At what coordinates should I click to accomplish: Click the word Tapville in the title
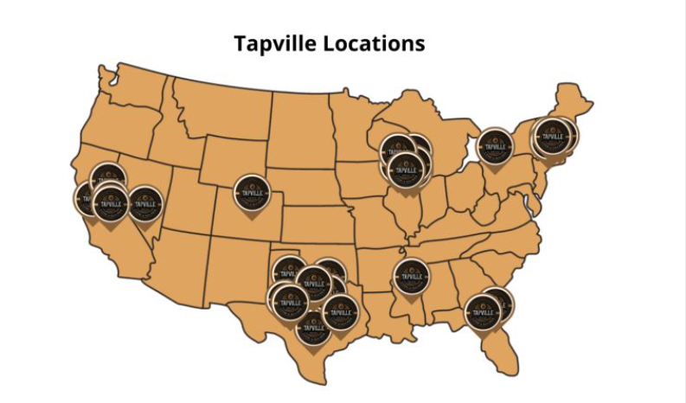(x=275, y=42)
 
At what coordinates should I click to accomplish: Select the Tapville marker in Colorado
(x=253, y=193)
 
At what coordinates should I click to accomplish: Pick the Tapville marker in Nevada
(x=144, y=202)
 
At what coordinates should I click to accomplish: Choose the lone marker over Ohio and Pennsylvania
(x=495, y=146)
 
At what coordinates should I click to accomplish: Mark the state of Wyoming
(x=234, y=156)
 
